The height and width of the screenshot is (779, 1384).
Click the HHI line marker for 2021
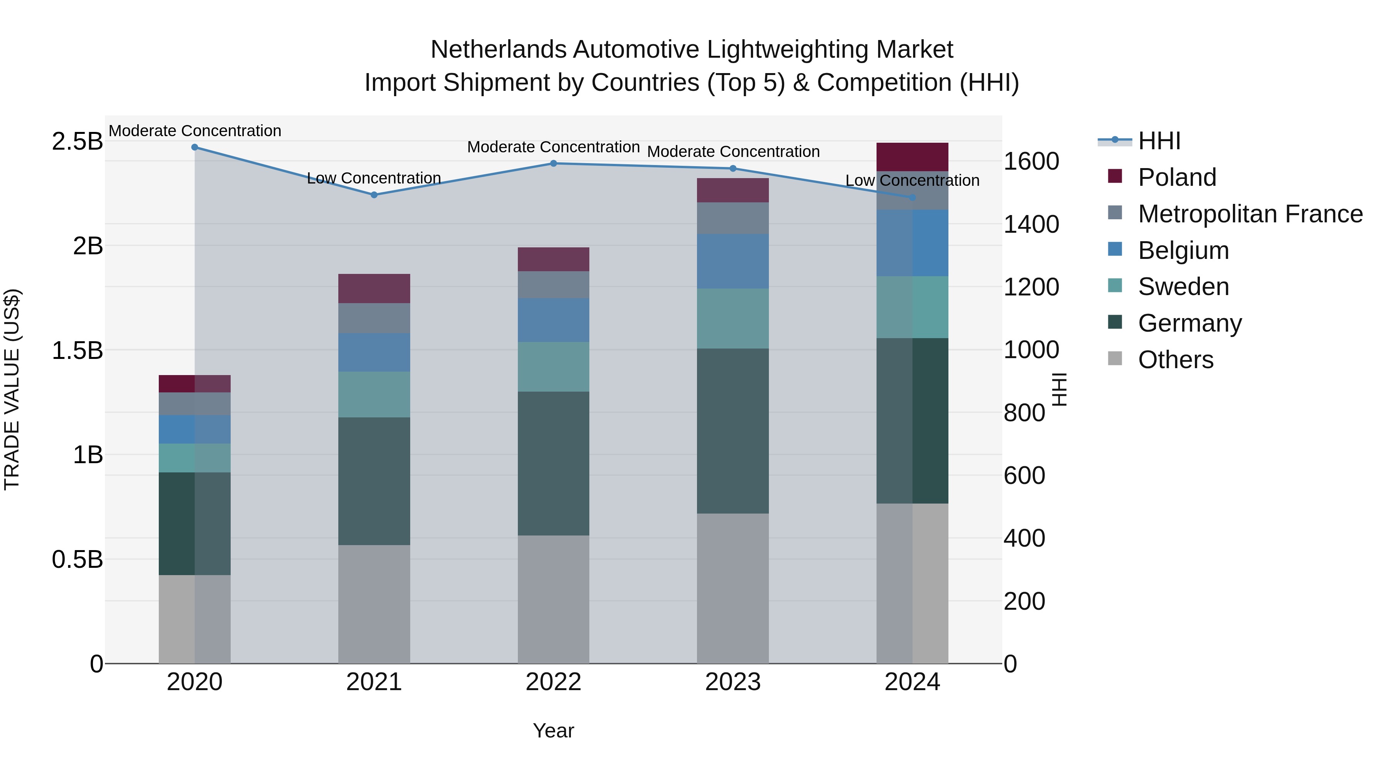click(374, 195)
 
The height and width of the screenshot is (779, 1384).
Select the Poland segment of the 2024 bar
click(912, 157)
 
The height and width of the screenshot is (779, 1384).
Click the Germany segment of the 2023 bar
click(732, 430)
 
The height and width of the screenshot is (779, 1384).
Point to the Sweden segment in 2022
click(553, 367)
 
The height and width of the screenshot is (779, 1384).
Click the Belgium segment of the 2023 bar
click(732, 261)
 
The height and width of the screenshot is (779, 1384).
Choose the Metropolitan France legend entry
click(1250, 214)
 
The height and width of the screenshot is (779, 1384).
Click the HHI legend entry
click(1158, 141)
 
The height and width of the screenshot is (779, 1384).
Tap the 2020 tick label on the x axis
click(195, 682)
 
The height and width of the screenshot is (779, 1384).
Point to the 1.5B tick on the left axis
click(77, 350)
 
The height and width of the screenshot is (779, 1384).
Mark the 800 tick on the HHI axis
click(1024, 413)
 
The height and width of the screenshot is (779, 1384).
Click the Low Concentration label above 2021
click(374, 178)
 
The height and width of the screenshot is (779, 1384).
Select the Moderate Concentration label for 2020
click(195, 131)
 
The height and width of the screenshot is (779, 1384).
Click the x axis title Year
click(553, 731)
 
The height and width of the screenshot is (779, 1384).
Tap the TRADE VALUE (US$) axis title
click(12, 389)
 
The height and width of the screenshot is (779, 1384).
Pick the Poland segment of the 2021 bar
click(374, 289)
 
